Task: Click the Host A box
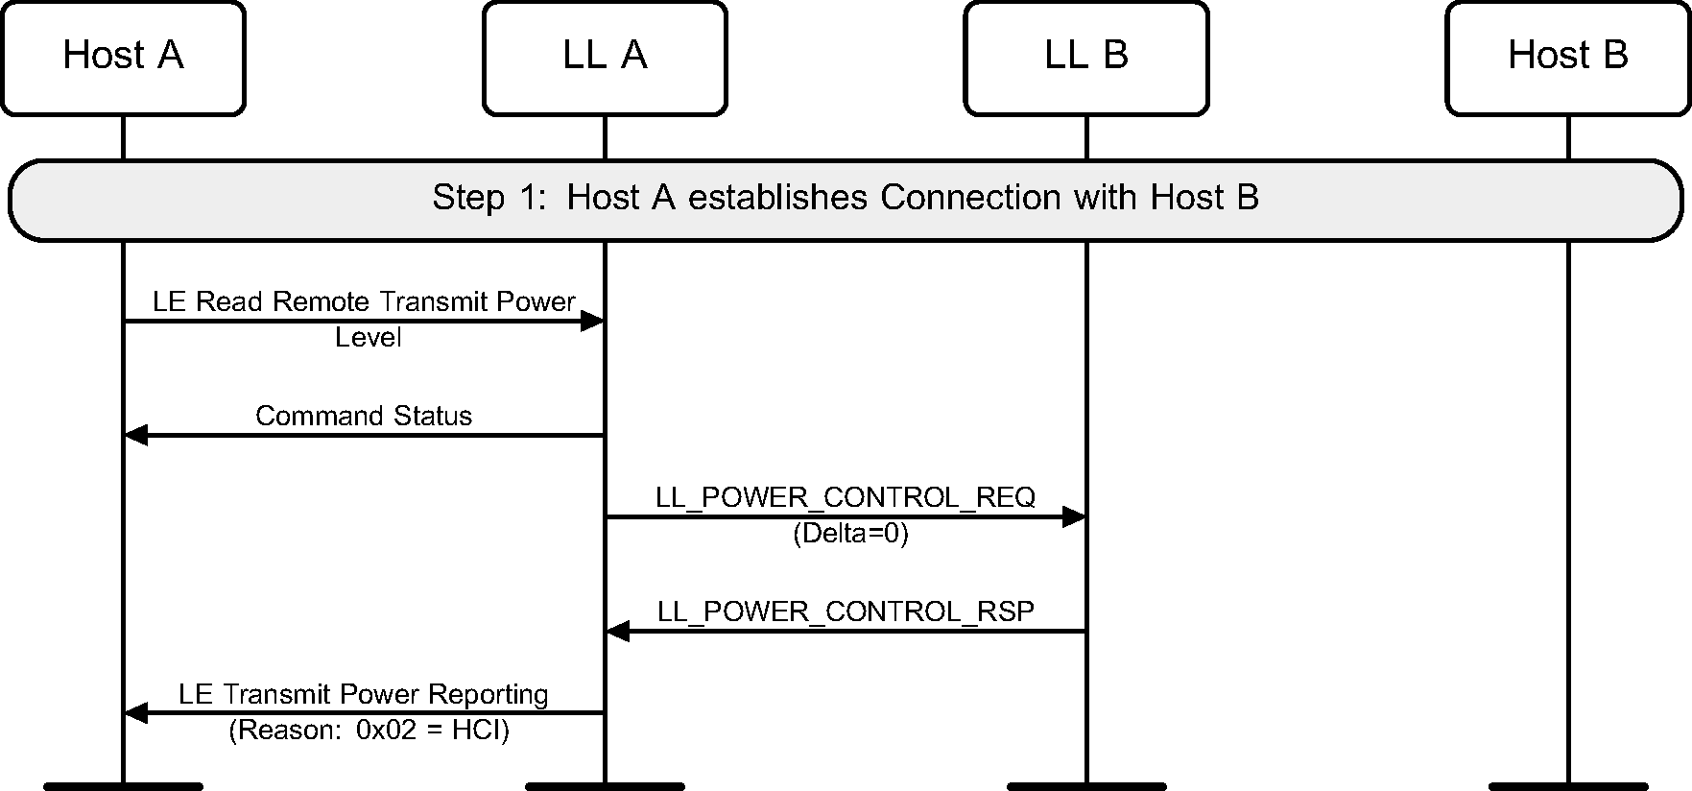[x=123, y=58]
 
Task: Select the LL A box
[x=605, y=58]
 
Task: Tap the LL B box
[x=1086, y=58]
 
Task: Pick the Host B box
[x=1567, y=58]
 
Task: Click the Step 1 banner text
[x=845, y=198]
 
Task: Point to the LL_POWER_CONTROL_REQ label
[x=846, y=497]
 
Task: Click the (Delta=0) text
[x=850, y=534]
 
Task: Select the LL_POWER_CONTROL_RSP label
[x=846, y=611]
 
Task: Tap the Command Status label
[x=364, y=416]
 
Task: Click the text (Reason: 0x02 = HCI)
[x=369, y=731]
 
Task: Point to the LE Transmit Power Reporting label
[x=364, y=694]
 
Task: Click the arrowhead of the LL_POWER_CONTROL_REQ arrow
[x=1074, y=517]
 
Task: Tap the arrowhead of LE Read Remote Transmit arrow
[x=592, y=322]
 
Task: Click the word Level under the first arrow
[x=368, y=338]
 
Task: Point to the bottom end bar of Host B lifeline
[x=1567, y=786]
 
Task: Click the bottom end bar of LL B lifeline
[x=1086, y=786]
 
